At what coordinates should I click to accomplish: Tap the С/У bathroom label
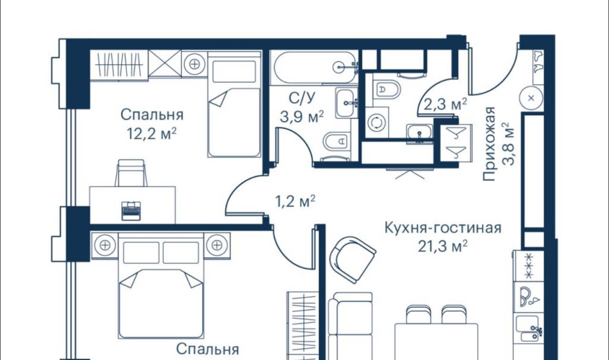tap(302, 98)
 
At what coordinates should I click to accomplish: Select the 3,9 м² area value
tap(302, 117)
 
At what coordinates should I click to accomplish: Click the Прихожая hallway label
tap(489, 144)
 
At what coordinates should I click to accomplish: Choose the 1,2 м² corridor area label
tap(295, 201)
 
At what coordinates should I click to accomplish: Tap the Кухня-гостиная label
tap(443, 228)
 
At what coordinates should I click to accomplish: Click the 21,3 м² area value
tap(442, 247)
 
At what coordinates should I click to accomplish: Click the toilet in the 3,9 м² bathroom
tap(336, 141)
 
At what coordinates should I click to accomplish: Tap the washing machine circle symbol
tap(376, 122)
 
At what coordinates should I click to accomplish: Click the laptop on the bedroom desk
tap(131, 211)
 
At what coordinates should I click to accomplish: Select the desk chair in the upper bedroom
tap(131, 173)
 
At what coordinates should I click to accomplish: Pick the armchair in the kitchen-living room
tap(353, 260)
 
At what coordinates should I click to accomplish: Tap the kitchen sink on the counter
tap(529, 329)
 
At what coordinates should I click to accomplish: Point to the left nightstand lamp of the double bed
tap(105, 245)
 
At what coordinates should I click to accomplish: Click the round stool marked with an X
tap(531, 98)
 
